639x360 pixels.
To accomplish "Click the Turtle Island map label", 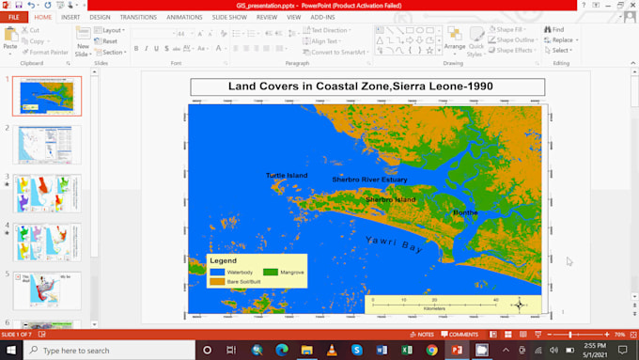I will [x=286, y=176].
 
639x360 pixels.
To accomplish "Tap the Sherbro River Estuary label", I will [x=369, y=180].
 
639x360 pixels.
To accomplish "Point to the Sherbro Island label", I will [x=390, y=200].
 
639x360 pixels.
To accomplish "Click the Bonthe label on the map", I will [x=465, y=213].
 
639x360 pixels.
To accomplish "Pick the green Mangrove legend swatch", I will [x=270, y=272].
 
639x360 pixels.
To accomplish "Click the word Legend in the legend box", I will [x=223, y=260].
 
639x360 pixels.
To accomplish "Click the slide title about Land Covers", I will [x=367, y=87].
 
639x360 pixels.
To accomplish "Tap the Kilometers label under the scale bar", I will [x=434, y=308].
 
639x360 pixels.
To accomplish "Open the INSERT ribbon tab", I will [x=70, y=17].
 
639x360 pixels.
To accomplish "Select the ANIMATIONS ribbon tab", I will [x=184, y=17].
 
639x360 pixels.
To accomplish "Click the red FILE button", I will [x=14, y=17].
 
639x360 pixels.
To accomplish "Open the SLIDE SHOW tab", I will [x=229, y=17].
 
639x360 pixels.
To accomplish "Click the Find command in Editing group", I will [x=554, y=30].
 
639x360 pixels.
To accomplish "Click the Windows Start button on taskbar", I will [x=10, y=350].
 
